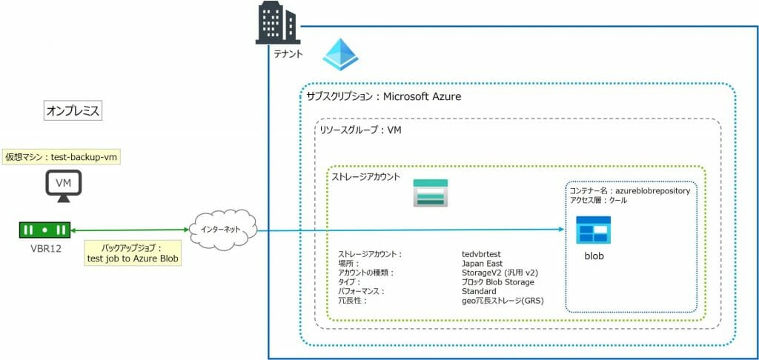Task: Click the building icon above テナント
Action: coord(279,23)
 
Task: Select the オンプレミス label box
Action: coord(73,110)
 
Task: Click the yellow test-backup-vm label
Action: coord(62,157)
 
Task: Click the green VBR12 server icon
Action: coord(44,230)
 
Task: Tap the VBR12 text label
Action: coord(46,248)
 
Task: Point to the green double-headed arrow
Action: coord(130,230)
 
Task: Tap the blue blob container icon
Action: coord(593,230)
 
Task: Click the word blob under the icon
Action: coord(594,256)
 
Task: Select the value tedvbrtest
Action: coord(486,253)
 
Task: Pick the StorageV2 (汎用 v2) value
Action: coord(499,273)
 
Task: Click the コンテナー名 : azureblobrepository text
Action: coord(629,190)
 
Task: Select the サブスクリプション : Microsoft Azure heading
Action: coord(385,97)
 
